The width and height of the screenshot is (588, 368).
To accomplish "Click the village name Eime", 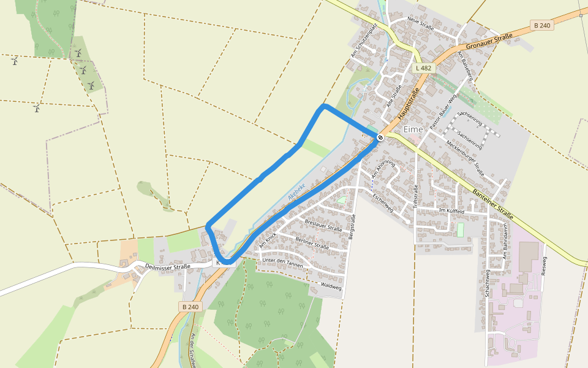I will (413, 129).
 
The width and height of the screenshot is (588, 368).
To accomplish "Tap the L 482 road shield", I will (423, 68).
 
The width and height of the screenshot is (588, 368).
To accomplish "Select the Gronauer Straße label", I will (489, 42).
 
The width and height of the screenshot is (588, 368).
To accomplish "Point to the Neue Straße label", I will (420, 25).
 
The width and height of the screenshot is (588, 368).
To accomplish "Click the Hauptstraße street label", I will (409, 104).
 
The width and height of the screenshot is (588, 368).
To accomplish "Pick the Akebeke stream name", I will (296, 192).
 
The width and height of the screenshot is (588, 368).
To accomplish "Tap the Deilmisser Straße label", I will (168, 266).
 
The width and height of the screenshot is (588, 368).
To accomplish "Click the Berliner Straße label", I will (312, 243).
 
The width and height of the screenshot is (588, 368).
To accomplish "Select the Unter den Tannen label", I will (282, 261).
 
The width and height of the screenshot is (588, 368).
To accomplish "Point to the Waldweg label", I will (330, 286).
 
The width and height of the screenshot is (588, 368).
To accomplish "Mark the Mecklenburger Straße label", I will (466, 159).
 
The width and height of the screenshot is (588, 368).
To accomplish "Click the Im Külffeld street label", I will (452, 210).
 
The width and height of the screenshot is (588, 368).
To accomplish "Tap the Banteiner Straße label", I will (492, 206).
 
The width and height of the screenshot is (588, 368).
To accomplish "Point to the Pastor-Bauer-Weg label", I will (443, 111).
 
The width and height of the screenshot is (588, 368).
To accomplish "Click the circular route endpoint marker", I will (380, 137).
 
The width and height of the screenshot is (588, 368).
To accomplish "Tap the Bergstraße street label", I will (352, 228).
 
